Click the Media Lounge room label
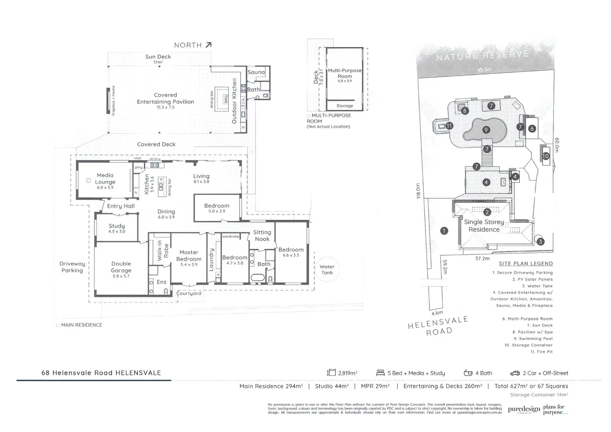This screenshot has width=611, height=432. [x=105, y=179]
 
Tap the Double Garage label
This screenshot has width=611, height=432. [x=121, y=267]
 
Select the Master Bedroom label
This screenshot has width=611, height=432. [x=189, y=256]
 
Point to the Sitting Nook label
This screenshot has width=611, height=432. [x=262, y=236]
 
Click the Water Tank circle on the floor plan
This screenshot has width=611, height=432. [x=327, y=270]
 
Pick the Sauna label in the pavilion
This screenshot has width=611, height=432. [x=256, y=72]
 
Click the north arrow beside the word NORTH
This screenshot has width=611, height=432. [x=208, y=45]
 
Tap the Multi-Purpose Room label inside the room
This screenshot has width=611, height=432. [x=345, y=73]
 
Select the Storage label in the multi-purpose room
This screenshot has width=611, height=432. [x=345, y=106]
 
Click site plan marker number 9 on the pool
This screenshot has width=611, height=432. [x=486, y=130]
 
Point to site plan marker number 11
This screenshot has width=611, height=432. [x=449, y=126]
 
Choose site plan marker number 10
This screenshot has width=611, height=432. [x=545, y=156]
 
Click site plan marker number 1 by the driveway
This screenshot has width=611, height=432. [x=444, y=231]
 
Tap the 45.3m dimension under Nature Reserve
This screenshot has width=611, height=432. [x=484, y=70]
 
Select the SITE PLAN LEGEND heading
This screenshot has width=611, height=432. [x=525, y=264]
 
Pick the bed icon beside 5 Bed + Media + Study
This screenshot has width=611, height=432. [x=380, y=373]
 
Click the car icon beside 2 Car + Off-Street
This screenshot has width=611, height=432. [x=515, y=373]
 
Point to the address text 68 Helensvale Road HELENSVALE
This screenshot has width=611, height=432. [x=101, y=373]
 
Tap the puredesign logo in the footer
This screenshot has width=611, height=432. [x=524, y=410]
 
